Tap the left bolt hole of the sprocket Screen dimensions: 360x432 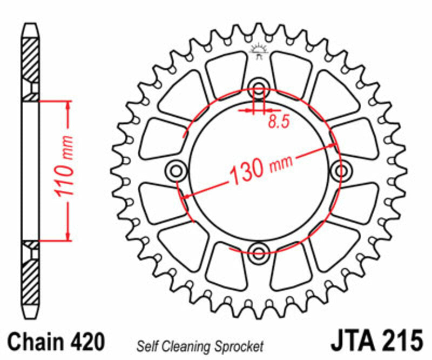176,171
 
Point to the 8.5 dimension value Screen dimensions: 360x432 279,122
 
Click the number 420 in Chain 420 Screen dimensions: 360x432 85,343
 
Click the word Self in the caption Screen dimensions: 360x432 146,346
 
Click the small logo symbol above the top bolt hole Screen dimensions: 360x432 259,52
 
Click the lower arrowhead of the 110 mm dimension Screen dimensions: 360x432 68,235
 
